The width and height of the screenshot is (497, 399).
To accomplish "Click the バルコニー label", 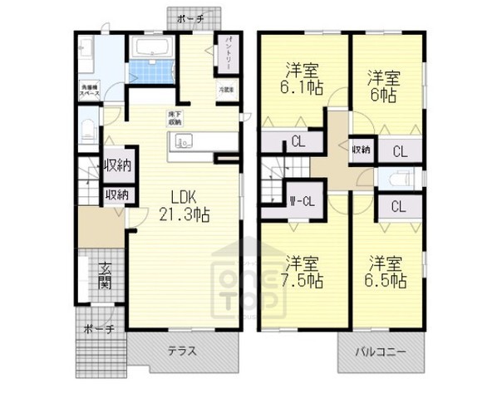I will tap(382, 352).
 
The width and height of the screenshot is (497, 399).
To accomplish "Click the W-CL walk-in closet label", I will tap(301, 200).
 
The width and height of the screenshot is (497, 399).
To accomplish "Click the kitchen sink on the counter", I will tap(185, 140).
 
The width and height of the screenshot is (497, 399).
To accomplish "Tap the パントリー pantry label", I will tap(225, 53).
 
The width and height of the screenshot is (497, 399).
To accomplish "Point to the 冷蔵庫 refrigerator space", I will tap(225, 89).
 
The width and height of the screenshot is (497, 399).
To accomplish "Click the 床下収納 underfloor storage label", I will tap(176, 117).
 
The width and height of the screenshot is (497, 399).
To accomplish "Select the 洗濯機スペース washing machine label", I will tap(91, 89).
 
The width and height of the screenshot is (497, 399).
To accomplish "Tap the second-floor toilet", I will tap(395, 180).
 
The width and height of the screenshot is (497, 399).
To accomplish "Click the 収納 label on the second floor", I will tap(360, 150).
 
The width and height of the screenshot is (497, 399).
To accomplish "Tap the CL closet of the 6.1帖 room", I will tap(297, 141).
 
